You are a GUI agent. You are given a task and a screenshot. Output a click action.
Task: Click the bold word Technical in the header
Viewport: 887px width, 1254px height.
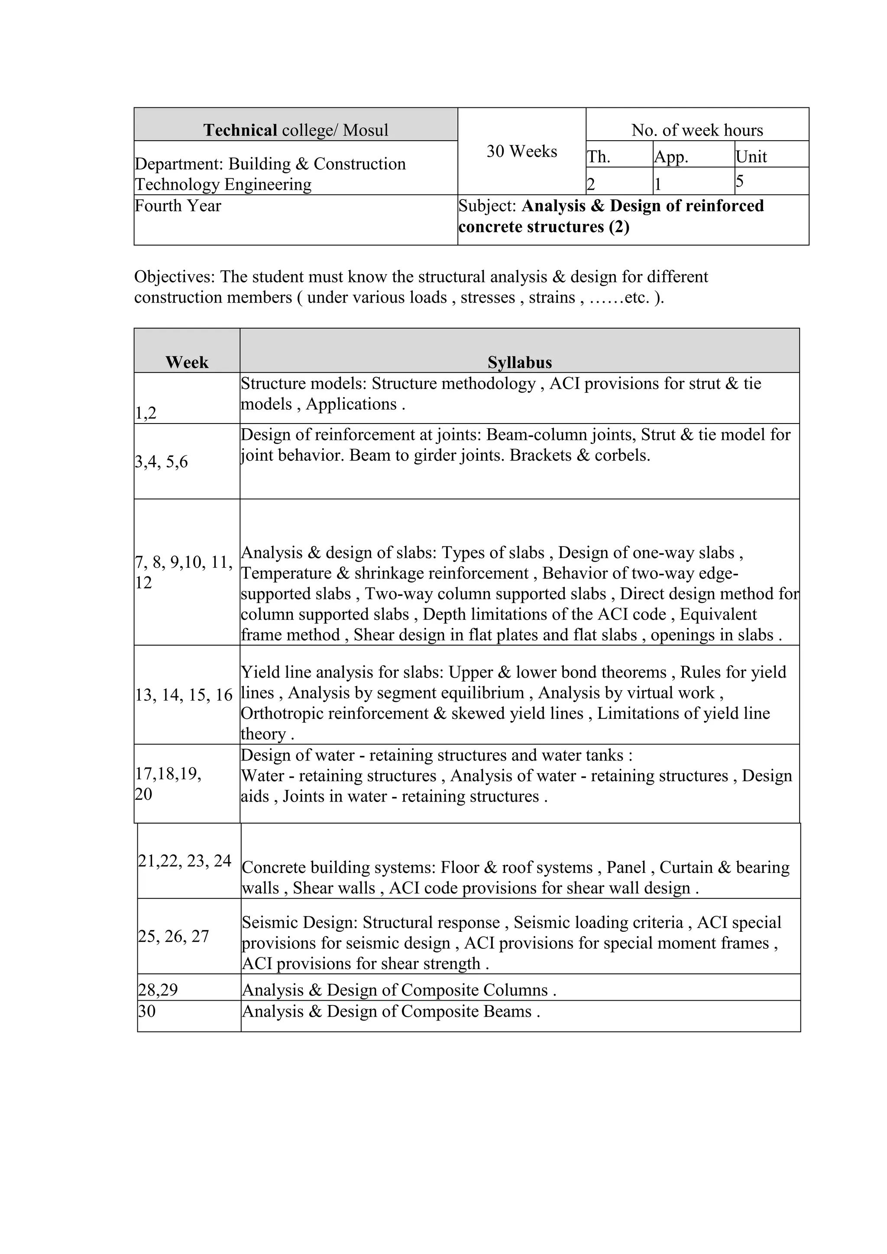coord(240,130)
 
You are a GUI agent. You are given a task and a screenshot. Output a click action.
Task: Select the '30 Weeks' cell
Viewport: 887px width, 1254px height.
coord(521,151)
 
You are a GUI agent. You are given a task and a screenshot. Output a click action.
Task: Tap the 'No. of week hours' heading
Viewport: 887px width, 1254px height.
coord(697,130)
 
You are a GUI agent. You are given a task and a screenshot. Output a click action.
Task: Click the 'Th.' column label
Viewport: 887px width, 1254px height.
coord(599,157)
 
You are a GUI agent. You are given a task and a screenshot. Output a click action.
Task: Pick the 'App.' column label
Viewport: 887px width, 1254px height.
coord(671,157)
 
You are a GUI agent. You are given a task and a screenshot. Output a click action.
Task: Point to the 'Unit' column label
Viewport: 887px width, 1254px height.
coord(751,157)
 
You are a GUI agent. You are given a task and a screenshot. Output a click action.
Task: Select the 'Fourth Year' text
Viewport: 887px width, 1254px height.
coord(178,206)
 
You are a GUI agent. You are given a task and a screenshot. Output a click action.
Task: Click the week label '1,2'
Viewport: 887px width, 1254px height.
coord(146,413)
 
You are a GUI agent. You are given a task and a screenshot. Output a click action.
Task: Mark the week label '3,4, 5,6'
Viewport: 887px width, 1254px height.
coord(162,462)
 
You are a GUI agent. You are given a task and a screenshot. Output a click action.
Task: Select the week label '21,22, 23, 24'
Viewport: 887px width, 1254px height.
coord(185,861)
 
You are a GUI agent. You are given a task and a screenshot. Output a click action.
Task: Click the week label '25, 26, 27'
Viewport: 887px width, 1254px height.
coord(174,936)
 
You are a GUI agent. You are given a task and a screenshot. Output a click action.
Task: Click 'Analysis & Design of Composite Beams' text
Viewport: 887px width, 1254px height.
coord(391,1012)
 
